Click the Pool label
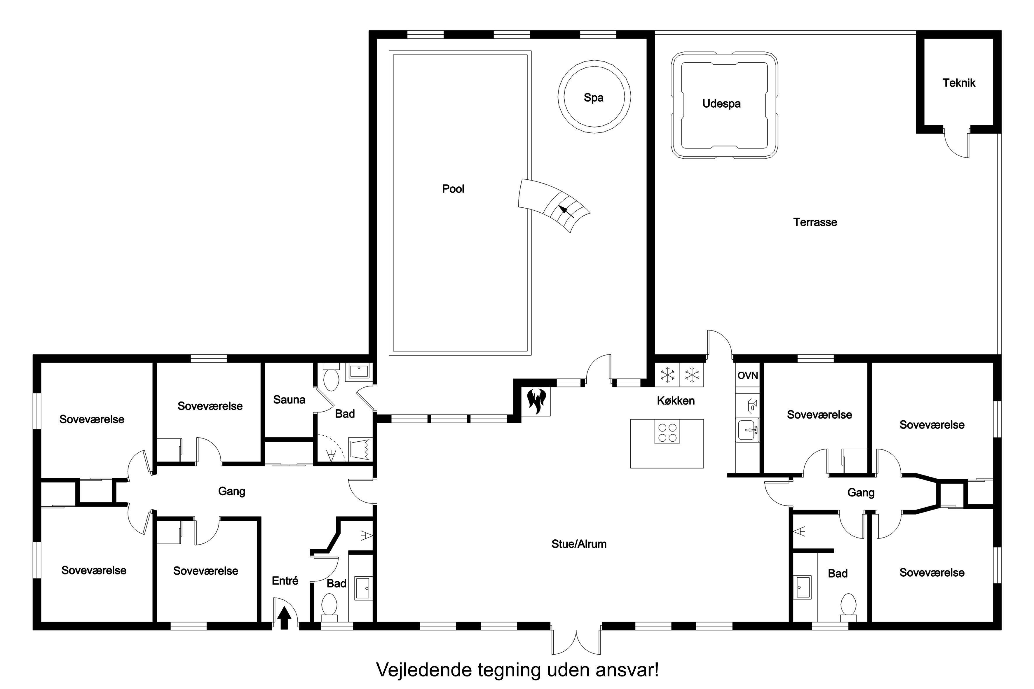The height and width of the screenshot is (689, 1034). tap(453, 189)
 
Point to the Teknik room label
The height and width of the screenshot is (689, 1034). tap(958, 83)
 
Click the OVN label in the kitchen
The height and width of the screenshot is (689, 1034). tap(747, 375)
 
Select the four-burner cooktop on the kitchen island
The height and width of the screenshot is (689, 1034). tap(667, 431)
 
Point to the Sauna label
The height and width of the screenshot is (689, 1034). tap(289, 399)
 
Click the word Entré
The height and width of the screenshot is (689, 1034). tap(285, 580)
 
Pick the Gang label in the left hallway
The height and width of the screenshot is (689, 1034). tap(232, 491)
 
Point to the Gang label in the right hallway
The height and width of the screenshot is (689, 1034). tap(861, 493)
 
